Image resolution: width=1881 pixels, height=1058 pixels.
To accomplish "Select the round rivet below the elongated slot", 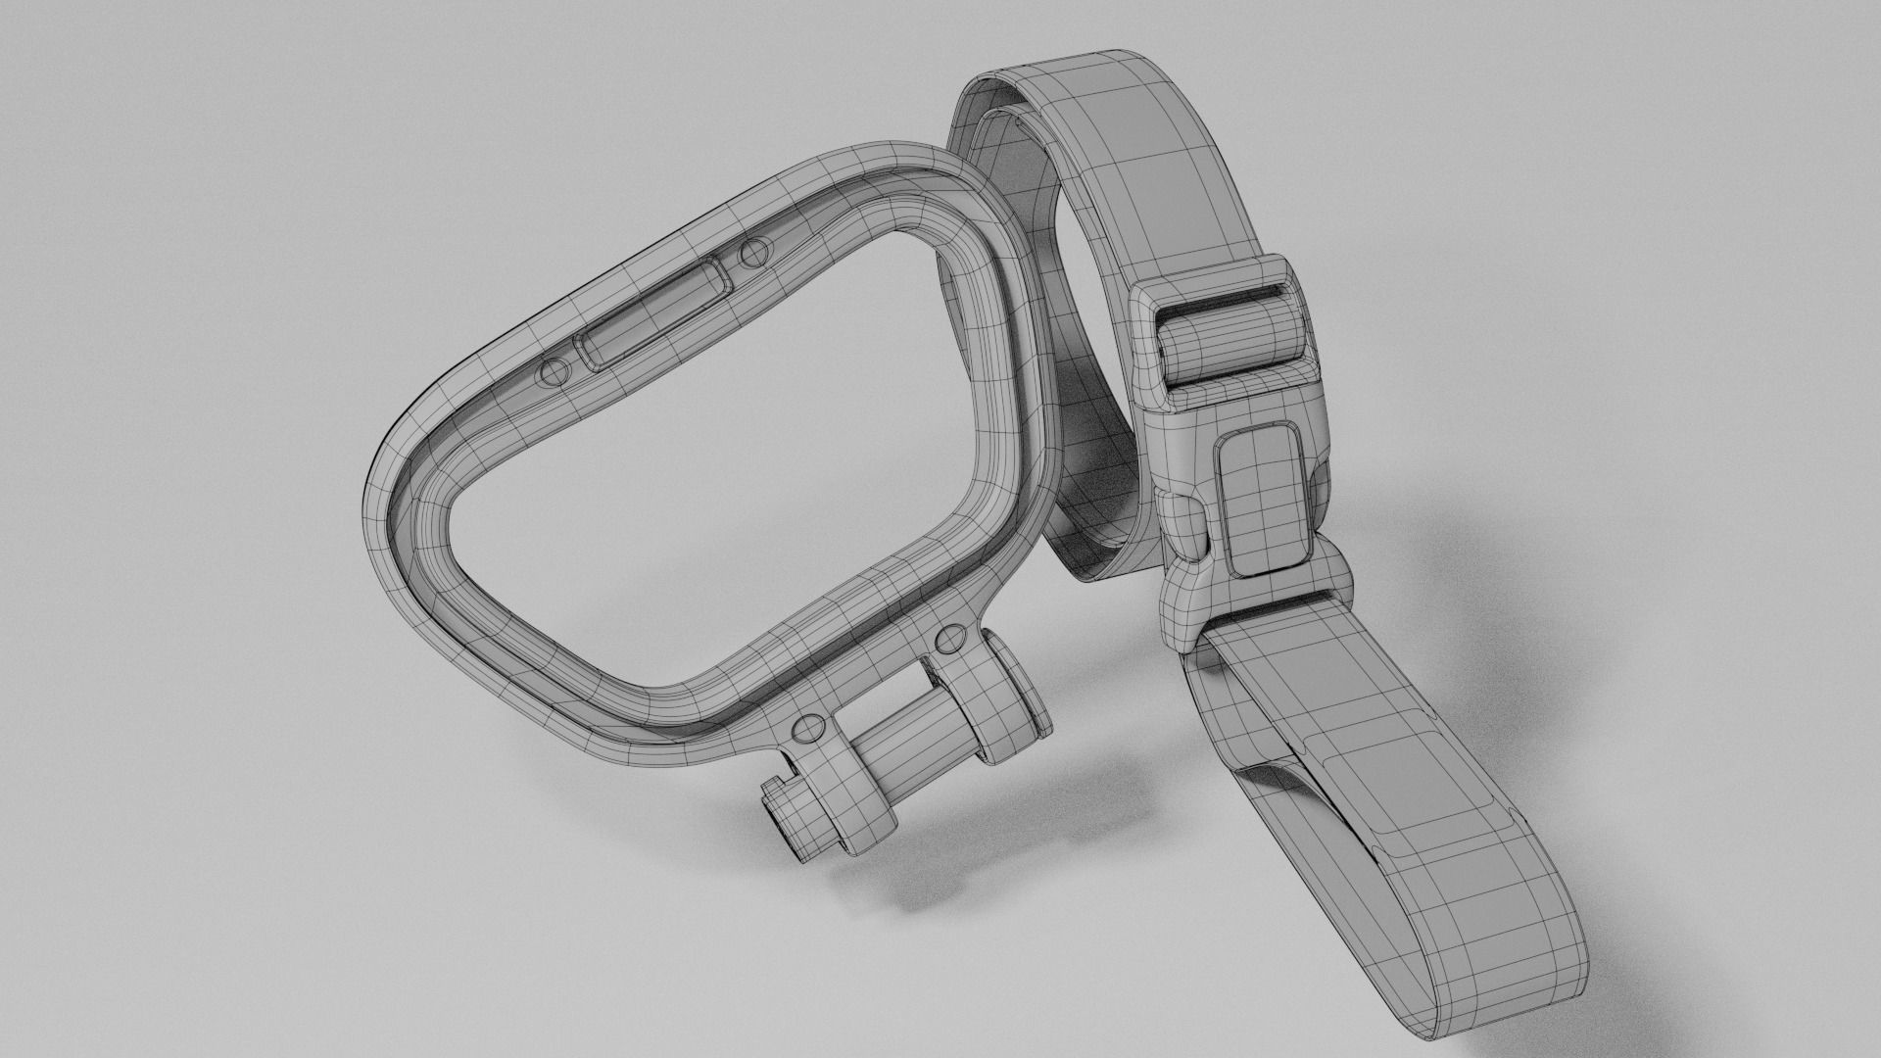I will [x=554, y=371].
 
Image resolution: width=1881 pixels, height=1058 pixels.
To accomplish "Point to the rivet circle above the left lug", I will [x=808, y=727].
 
